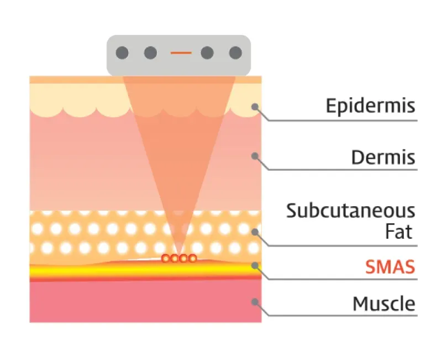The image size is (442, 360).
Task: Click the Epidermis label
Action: pos(370,106)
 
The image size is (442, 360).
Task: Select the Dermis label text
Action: pos(383,158)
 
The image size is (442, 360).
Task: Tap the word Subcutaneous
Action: pos(350,211)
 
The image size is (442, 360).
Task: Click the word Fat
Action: pos(399,232)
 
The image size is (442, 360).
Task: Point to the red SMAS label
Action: pos(390,268)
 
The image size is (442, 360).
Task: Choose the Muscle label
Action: pos(383,304)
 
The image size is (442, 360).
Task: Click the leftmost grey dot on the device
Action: pos(122,53)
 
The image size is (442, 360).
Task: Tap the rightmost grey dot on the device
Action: pos(235,53)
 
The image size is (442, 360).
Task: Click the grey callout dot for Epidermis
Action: pos(255,107)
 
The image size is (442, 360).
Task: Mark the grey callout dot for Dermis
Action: pos(255,156)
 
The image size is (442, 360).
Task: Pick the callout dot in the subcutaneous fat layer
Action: pos(255,232)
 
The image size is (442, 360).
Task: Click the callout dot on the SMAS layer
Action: pos(255,265)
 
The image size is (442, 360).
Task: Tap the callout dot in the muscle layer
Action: pos(255,302)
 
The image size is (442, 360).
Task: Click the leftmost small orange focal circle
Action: pos(165,258)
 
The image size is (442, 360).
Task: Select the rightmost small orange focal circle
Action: pos(192,258)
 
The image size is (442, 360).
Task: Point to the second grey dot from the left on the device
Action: pos(150,53)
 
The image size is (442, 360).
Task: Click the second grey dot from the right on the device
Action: pos(207,53)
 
